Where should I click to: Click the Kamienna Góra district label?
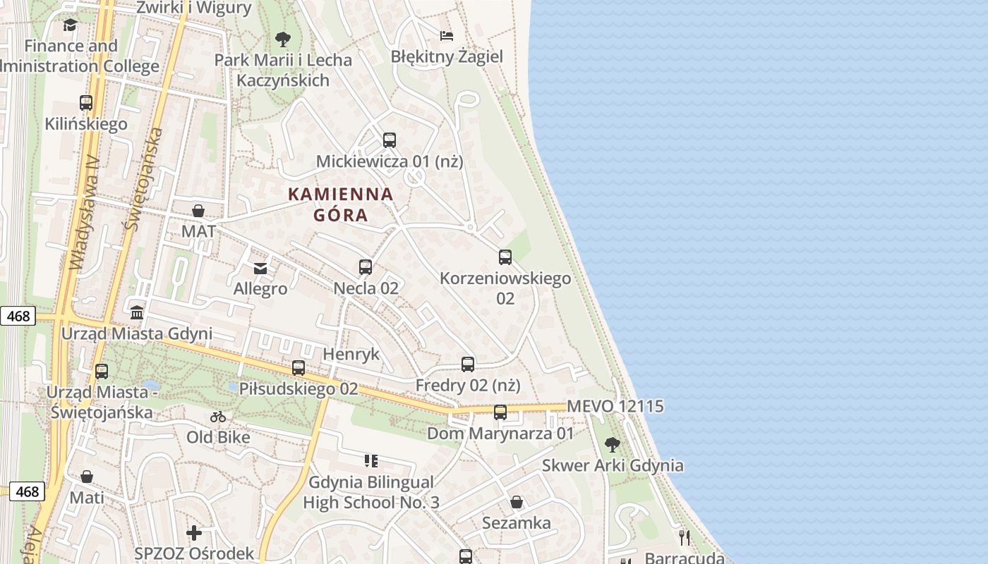pos(341,204)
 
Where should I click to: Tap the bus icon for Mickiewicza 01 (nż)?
pos(390,140)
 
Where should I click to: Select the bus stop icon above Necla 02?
pos(366,267)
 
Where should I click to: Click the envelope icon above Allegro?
pos(260,268)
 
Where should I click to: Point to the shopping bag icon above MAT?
pos(198,211)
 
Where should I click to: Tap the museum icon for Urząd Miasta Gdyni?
pos(137,312)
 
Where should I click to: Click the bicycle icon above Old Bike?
pos(218,417)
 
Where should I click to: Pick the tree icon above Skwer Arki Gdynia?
pos(613,445)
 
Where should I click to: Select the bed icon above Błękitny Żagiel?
pos(447,35)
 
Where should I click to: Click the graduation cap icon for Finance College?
pos(70,25)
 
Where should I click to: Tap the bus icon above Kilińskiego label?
pos(86,103)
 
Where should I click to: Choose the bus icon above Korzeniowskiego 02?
pos(505,257)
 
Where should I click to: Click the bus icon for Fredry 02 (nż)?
pos(468,364)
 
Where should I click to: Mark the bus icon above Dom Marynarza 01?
pos(500,412)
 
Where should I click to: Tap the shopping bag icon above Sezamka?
pos(517,502)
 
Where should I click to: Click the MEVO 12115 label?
pos(615,407)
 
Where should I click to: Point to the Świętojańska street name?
pos(143,180)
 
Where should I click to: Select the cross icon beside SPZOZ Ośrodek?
pos(194,533)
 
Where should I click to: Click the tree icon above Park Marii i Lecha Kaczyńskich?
pos(283,39)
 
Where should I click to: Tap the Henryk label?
pos(351,354)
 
